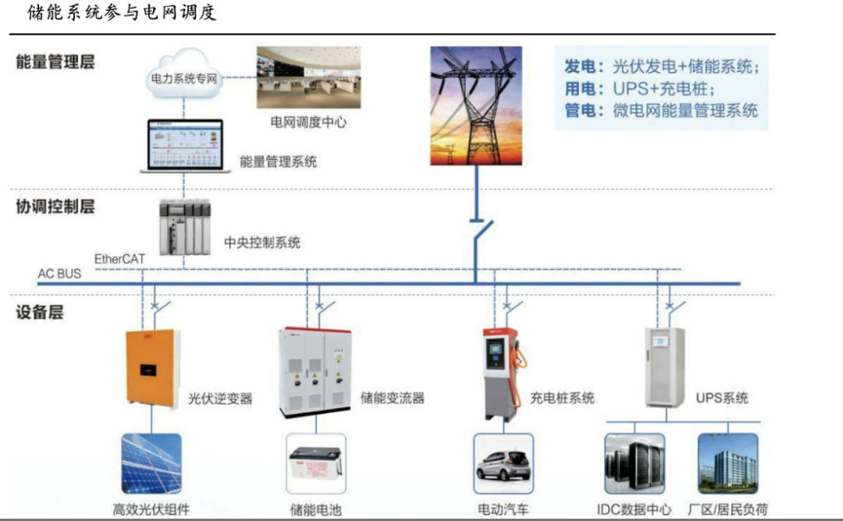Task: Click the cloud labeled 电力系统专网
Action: click(183, 76)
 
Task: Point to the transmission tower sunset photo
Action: click(475, 105)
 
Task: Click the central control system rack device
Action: click(184, 229)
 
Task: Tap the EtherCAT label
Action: click(120, 258)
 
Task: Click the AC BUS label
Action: click(59, 274)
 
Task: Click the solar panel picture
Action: click(151, 464)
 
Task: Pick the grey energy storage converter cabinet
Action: click(315, 369)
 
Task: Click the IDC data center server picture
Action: click(635, 464)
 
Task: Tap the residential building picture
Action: click(727, 464)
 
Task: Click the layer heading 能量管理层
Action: click(55, 62)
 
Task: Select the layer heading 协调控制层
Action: click(55, 207)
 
